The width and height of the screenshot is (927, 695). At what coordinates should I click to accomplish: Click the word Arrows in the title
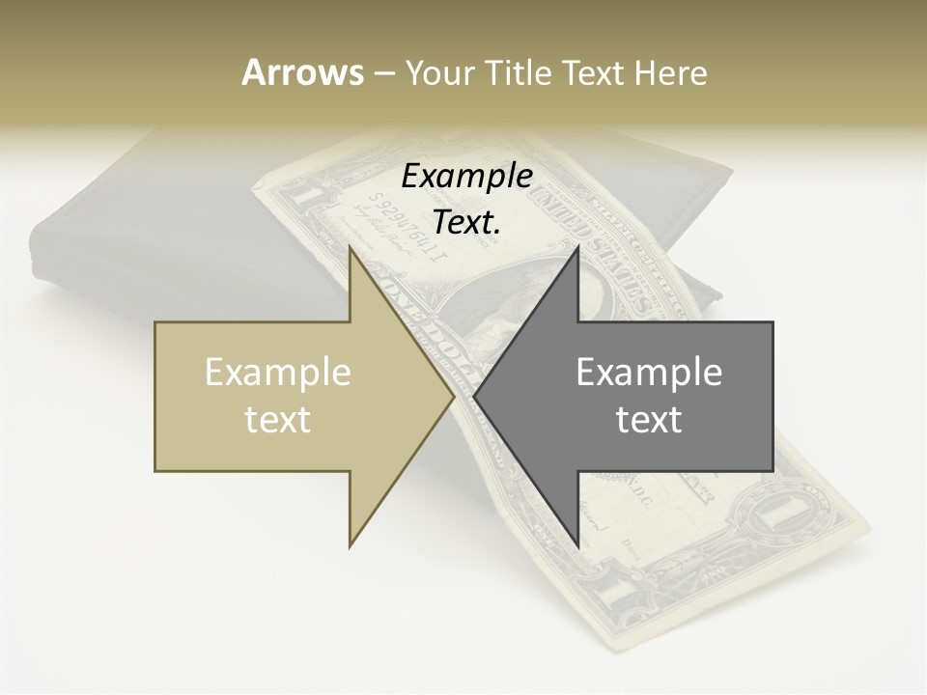click(x=302, y=72)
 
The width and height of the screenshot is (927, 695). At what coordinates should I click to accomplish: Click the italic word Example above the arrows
click(x=466, y=177)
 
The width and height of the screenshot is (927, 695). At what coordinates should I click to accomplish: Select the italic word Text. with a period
click(x=466, y=222)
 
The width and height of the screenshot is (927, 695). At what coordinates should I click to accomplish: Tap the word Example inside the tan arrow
click(x=278, y=373)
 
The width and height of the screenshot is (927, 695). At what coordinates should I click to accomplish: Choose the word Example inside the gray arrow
click(x=649, y=373)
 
